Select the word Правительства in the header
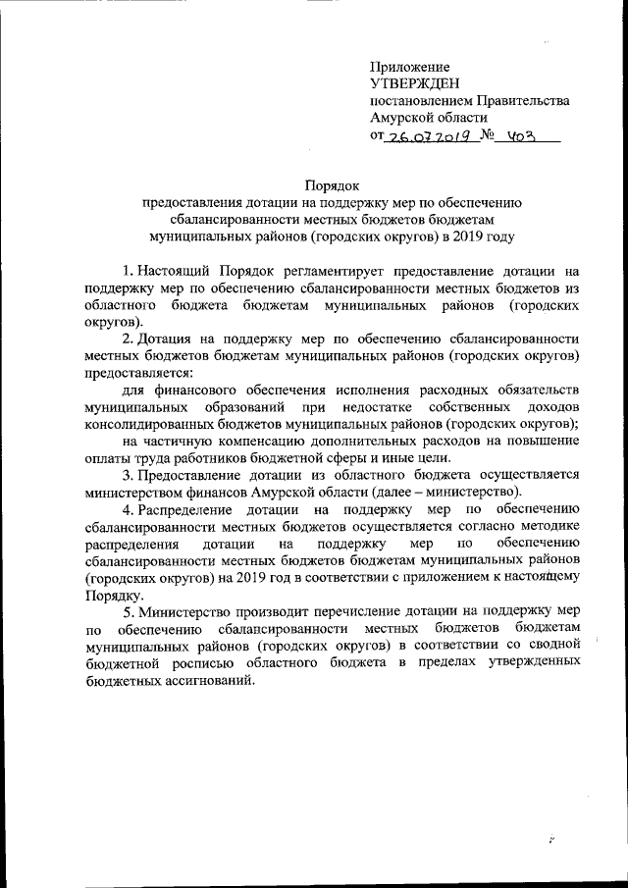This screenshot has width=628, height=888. pyautogui.click(x=521, y=101)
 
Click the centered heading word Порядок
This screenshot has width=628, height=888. pyautogui.click(x=333, y=183)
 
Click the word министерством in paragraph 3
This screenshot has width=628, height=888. pyautogui.click(x=144, y=493)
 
